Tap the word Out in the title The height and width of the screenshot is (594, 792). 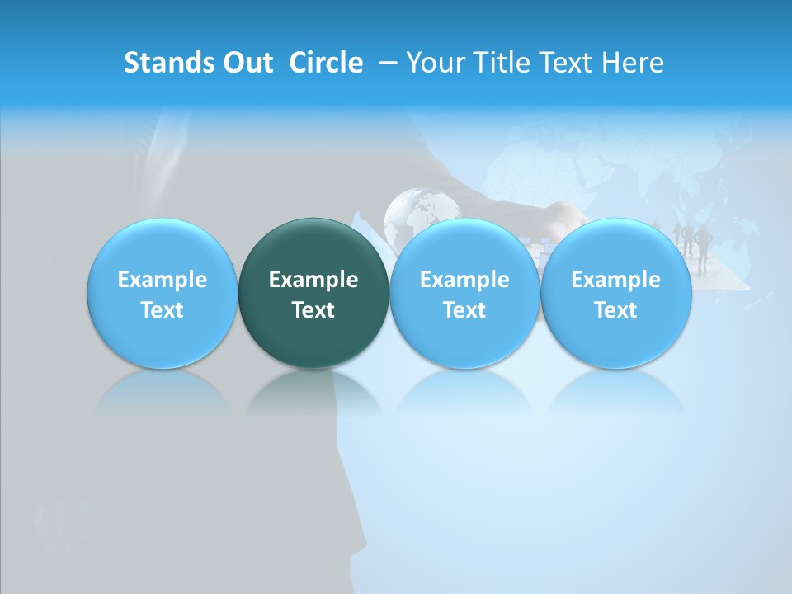247,63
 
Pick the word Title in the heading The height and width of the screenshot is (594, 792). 501,63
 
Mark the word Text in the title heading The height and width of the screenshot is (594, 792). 564,63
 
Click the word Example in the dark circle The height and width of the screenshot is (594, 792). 313,280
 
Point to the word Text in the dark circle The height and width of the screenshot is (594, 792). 313,310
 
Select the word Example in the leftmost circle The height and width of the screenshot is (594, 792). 162,280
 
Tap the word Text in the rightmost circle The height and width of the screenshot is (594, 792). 616,310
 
